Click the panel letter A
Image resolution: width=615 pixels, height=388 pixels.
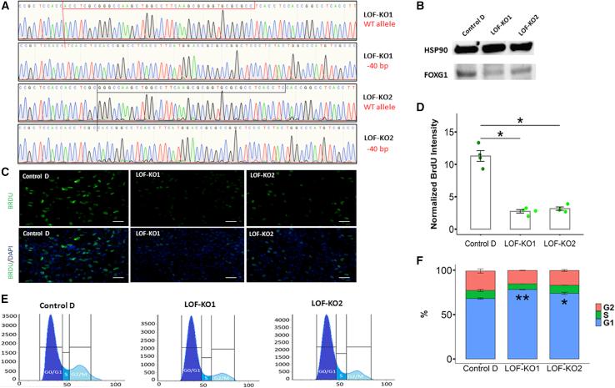(7, 7)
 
